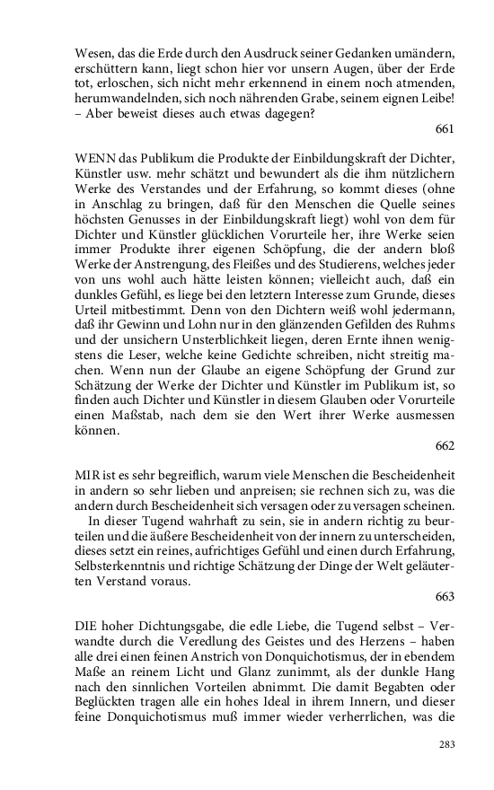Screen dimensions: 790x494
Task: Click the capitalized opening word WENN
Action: point(93,159)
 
